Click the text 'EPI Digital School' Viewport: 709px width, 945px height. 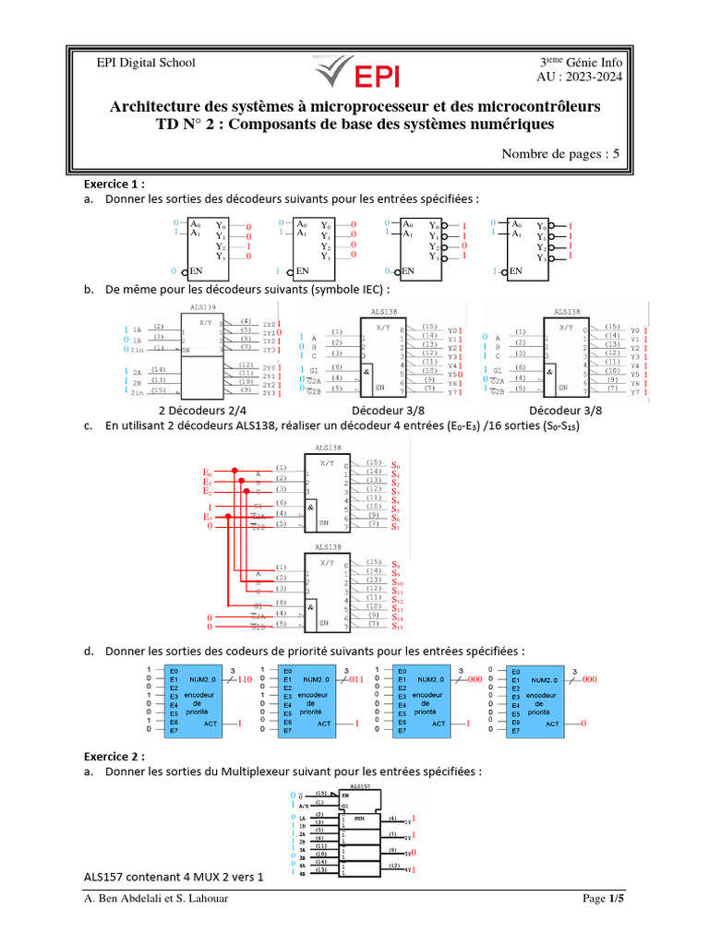coord(147,63)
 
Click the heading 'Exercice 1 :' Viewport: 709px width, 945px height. coord(114,184)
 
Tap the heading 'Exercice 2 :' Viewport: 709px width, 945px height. coord(114,756)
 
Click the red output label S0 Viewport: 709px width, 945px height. coord(396,465)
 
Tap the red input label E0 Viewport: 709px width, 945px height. coord(208,473)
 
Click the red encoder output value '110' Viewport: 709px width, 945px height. coord(245,679)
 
